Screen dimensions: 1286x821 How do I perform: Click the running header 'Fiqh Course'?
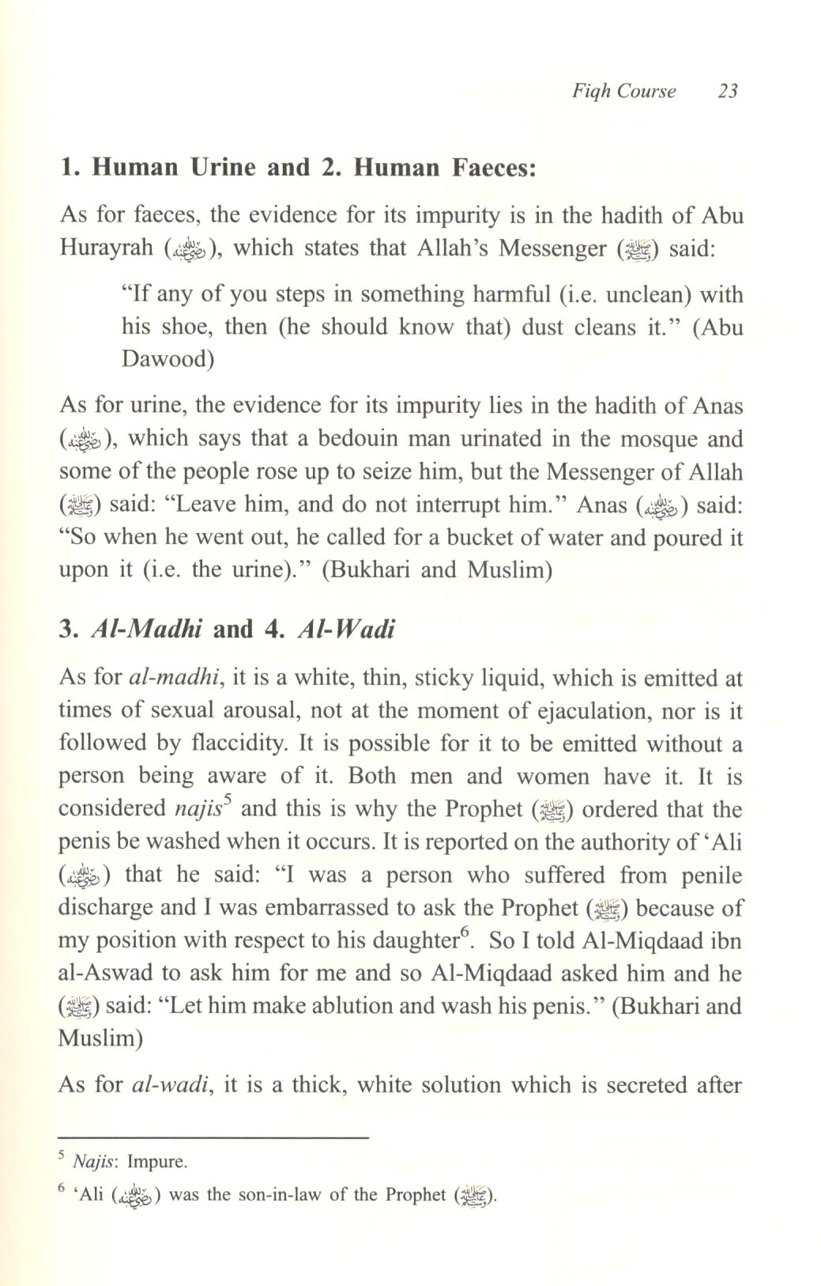pyautogui.click(x=624, y=91)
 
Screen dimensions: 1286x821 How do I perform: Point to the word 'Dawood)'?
pyautogui.click(x=168, y=360)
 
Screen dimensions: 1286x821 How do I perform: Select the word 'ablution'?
pyautogui.click(x=356, y=1007)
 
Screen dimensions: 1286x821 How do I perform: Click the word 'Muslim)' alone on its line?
pyautogui.click(x=100, y=1039)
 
